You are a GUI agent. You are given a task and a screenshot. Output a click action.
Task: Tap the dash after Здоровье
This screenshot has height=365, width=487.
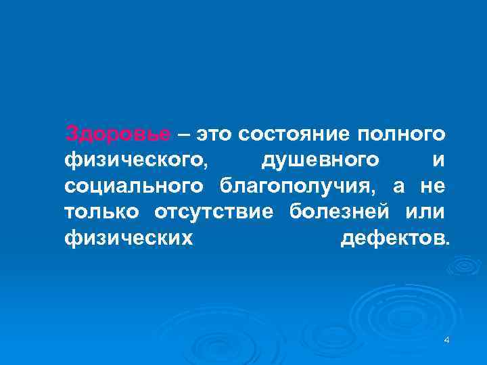[183, 135]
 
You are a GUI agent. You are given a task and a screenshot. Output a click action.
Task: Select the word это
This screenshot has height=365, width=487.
[214, 135]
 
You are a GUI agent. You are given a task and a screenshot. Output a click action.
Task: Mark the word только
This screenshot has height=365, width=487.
[101, 212]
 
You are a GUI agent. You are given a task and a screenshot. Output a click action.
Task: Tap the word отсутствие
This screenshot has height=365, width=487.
[214, 212]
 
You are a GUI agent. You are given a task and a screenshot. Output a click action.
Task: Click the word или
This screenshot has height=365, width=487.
[424, 212]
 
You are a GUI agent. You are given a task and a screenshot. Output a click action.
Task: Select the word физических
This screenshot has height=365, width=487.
[129, 239]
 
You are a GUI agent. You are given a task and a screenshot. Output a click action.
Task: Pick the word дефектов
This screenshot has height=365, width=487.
[392, 239]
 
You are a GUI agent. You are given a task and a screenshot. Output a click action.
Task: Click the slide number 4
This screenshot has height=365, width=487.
[446, 340]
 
